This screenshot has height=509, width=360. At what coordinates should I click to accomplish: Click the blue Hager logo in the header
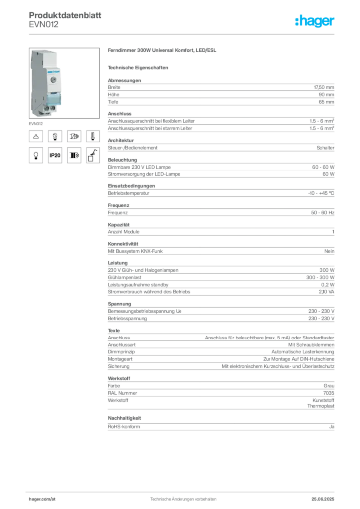tap(315, 21)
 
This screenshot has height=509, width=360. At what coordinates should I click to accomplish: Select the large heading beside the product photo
tap(163, 51)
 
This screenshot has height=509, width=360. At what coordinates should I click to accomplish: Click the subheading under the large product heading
tap(139, 67)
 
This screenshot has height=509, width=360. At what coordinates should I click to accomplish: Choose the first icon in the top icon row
tap(36, 136)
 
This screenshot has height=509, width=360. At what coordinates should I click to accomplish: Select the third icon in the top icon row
tap(74, 136)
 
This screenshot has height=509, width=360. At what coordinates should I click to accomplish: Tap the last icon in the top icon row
tap(92, 136)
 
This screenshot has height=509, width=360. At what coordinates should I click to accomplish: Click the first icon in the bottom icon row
tap(36, 156)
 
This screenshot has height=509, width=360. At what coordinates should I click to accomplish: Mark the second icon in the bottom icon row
tap(55, 156)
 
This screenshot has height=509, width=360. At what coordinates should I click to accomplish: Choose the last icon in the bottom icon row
tap(92, 156)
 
